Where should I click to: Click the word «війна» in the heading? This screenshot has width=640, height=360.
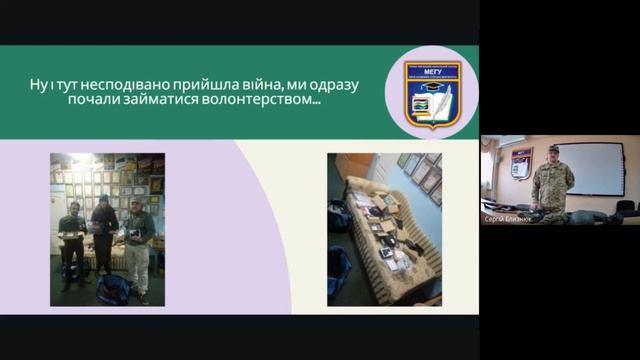click(243, 85)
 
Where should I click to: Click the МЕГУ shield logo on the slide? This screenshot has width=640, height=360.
click(431, 93)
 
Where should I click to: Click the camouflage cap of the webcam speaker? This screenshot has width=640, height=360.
click(553, 148)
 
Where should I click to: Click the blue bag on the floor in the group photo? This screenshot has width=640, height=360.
click(113, 289)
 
